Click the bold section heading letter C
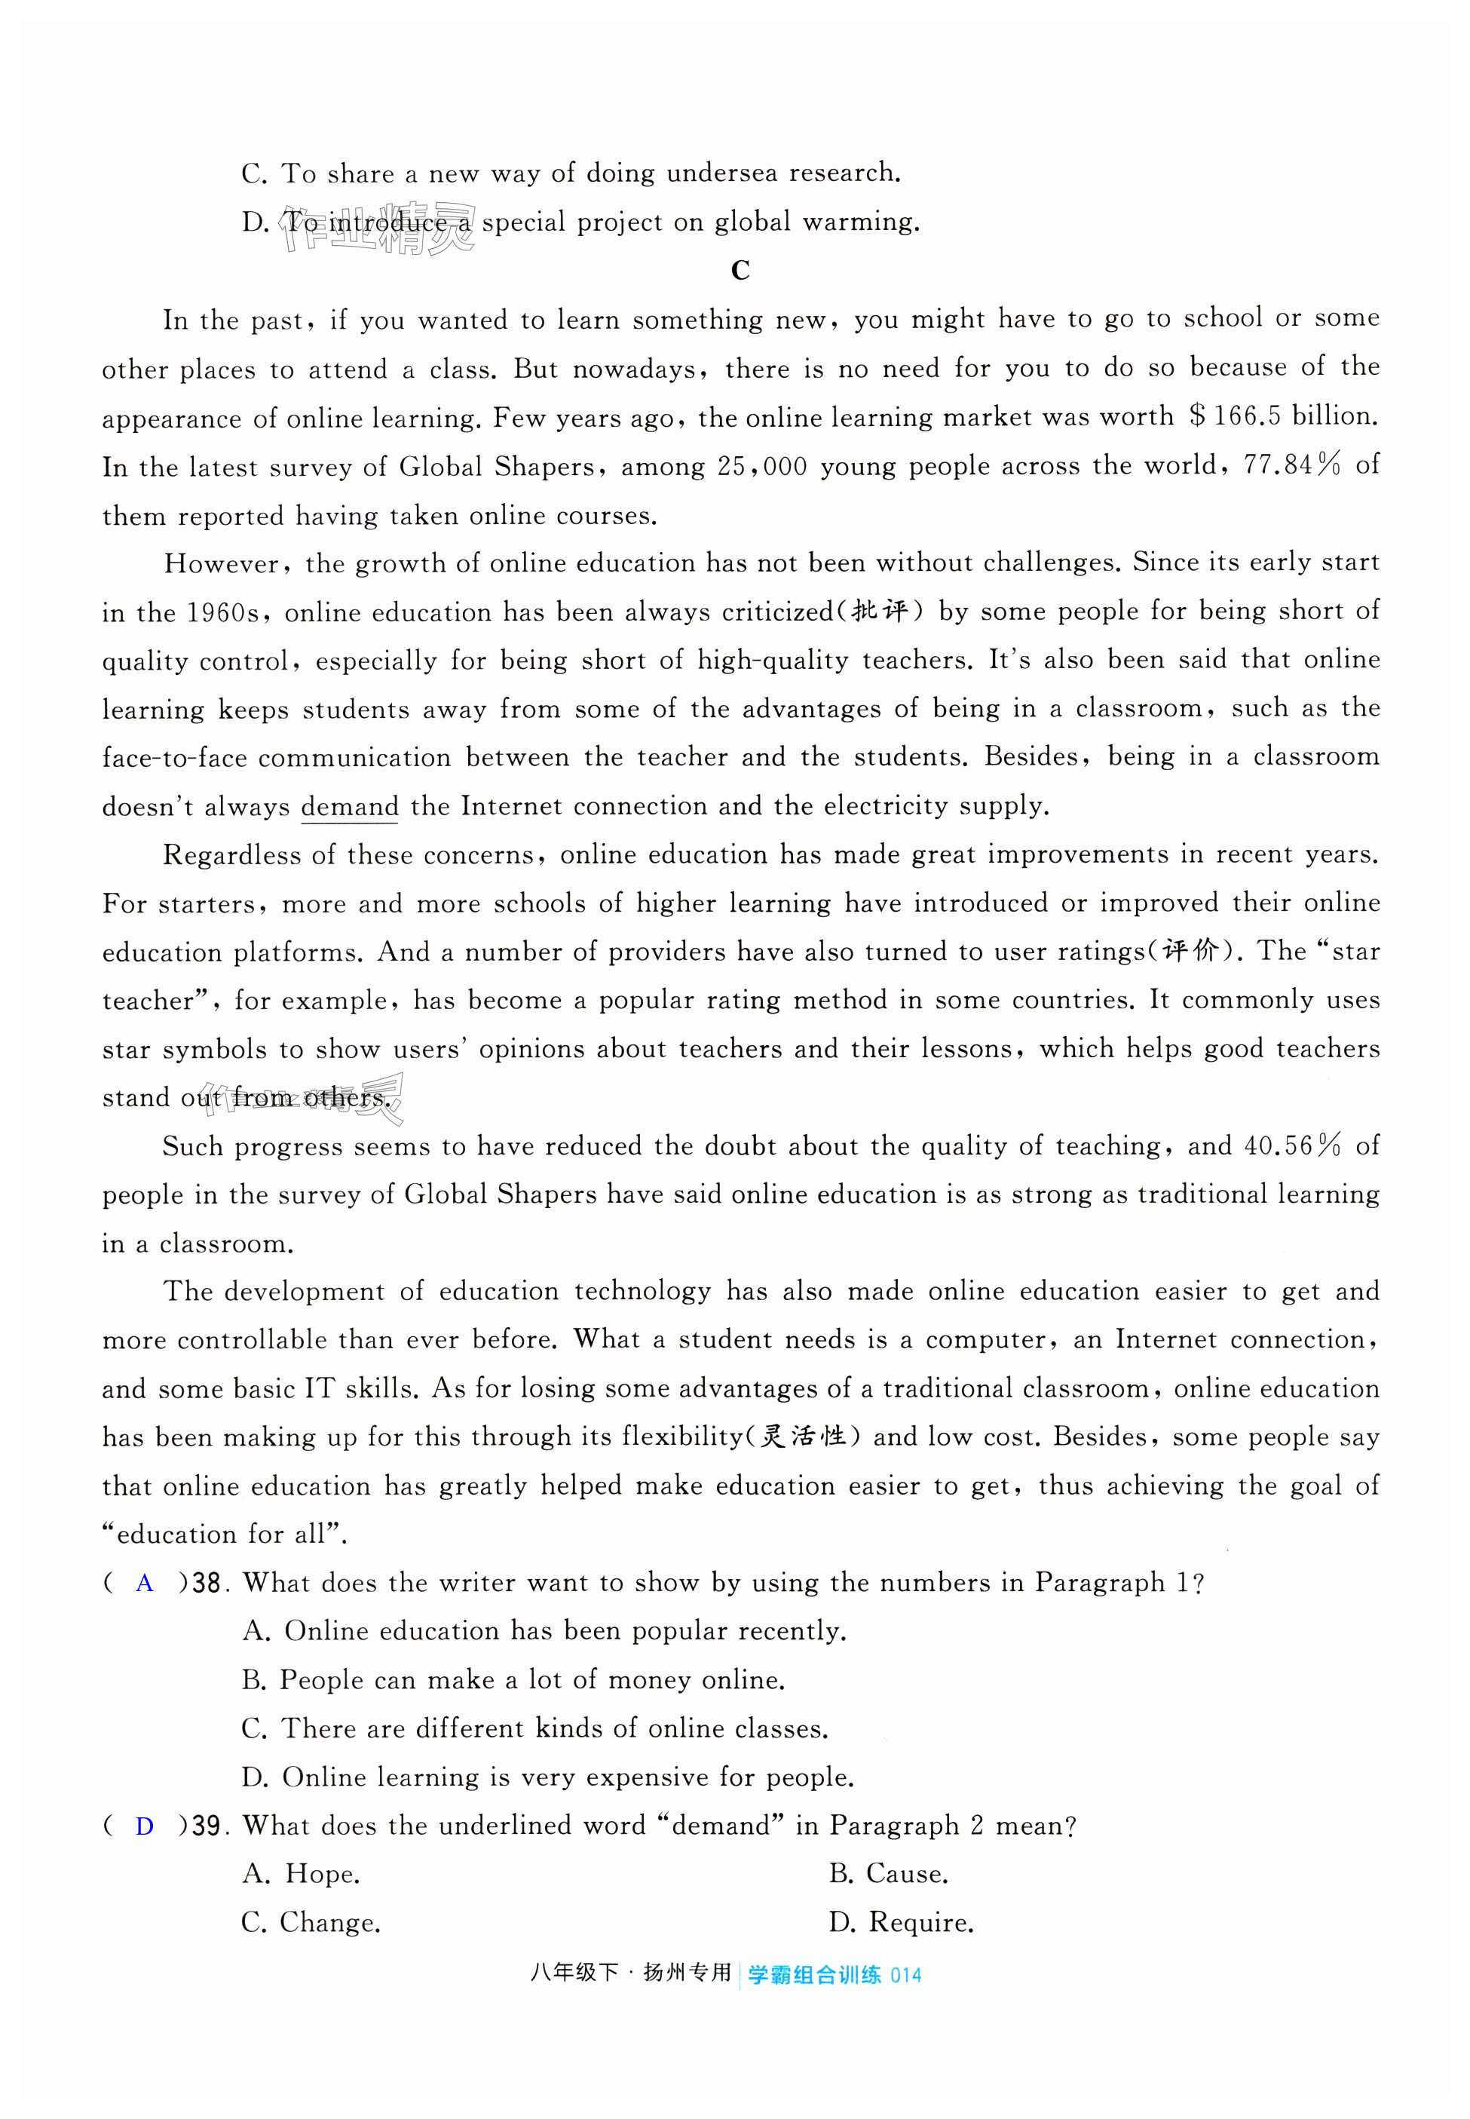(x=740, y=271)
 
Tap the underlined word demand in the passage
(x=350, y=807)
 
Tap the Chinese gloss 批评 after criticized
(x=880, y=612)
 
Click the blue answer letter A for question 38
(x=145, y=1584)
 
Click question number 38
(x=207, y=1584)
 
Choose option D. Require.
(x=902, y=1923)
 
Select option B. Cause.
(x=888, y=1874)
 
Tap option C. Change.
(x=311, y=1923)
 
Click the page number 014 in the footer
(x=905, y=1974)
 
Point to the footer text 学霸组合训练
(x=814, y=1974)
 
